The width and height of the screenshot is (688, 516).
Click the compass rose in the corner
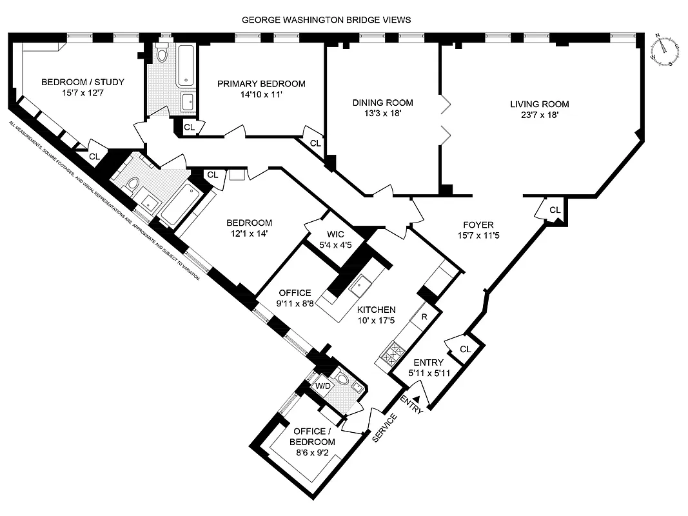pos(664,50)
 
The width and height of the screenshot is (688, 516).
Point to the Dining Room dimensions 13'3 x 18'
pos(382,114)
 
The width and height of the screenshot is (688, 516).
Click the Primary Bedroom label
pos(260,84)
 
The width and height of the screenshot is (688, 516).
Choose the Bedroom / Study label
pos(83,82)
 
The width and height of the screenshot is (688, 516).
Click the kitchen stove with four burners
pos(393,353)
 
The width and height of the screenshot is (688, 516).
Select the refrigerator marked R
pos(424,317)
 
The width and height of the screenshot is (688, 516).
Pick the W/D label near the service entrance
pos(322,386)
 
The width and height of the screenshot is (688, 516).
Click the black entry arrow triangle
pos(417,401)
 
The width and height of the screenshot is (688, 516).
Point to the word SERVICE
pos(384,428)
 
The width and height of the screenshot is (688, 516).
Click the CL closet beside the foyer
pos(555,210)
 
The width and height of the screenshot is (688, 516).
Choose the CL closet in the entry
pos(464,349)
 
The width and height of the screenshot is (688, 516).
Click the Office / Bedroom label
pos(314,437)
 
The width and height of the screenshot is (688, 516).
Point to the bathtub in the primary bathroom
pos(187,64)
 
